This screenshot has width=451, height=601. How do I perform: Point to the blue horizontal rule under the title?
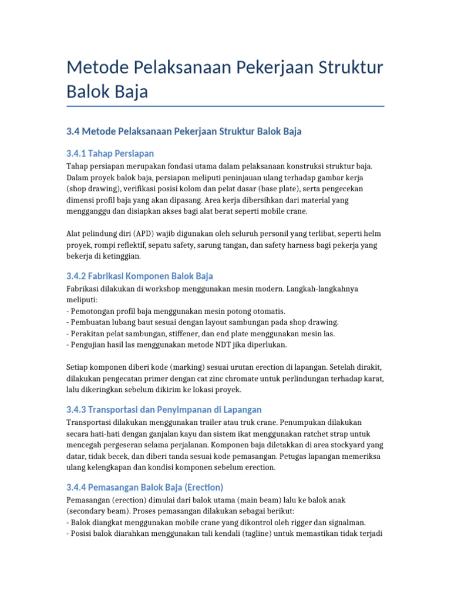[225, 106]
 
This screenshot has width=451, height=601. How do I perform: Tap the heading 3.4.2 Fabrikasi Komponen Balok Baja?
[140, 276]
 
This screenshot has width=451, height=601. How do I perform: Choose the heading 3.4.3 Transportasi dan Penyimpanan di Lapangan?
[164, 409]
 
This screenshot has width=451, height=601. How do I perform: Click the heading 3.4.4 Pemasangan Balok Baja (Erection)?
[145, 487]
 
